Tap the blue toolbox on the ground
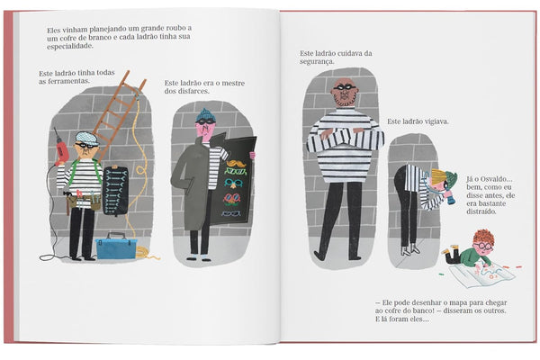click(116, 247)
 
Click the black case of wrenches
click(115, 191)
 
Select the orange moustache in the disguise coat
click(236, 163)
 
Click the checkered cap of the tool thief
click(86, 138)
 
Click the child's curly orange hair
click(484, 237)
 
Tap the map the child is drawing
click(481, 272)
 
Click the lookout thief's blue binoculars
click(448, 197)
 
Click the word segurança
click(317, 62)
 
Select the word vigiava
click(436, 122)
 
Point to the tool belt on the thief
click(83, 202)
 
